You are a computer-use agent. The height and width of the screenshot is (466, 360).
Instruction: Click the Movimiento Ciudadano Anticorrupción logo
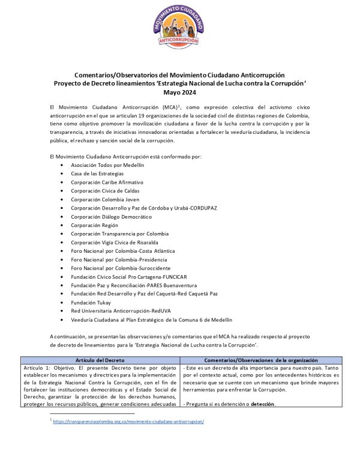pos(179,26)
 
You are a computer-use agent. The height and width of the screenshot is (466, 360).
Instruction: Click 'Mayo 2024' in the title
pos(179,92)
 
